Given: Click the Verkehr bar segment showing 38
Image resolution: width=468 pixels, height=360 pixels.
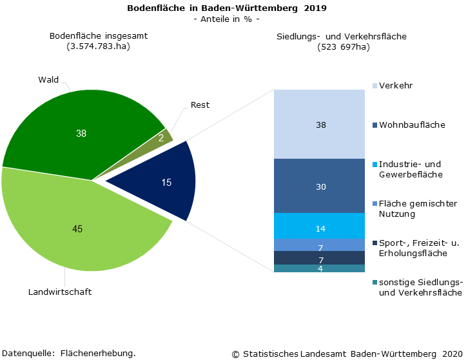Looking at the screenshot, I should pyautogui.click(x=320, y=125).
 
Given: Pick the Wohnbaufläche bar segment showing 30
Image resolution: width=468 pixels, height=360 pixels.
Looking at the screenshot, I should pyautogui.click(x=320, y=186).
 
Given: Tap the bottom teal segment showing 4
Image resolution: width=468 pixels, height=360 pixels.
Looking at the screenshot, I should pyautogui.click(x=320, y=268).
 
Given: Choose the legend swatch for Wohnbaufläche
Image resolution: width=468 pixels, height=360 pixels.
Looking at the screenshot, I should pyautogui.click(x=375, y=125).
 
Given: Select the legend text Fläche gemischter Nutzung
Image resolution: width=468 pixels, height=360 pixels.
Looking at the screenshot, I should pyautogui.click(x=418, y=208).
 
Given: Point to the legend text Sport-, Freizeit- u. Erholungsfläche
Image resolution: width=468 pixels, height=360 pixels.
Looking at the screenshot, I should pyautogui.click(x=418, y=248).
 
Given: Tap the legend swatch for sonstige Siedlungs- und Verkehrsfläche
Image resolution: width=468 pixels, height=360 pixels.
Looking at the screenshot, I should pyautogui.click(x=375, y=283).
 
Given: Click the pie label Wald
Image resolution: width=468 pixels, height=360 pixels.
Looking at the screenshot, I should pyautogui.click(x=48, y=80).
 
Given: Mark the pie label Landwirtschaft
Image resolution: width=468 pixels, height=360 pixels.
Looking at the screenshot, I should pyautogui.click(x=60, y=292).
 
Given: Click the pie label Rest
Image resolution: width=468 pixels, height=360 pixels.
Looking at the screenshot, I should pyautogui.click(x=200, y=105).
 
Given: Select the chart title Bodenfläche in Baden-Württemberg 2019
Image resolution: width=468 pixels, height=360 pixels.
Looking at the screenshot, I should pyautogui.click(x=226, y=8).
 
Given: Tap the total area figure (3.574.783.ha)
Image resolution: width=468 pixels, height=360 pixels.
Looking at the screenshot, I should pyautogui.click(x=99, y=46).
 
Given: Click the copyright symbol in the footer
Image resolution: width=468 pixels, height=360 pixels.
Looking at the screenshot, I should pyautogui.click(x=235, y=354).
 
